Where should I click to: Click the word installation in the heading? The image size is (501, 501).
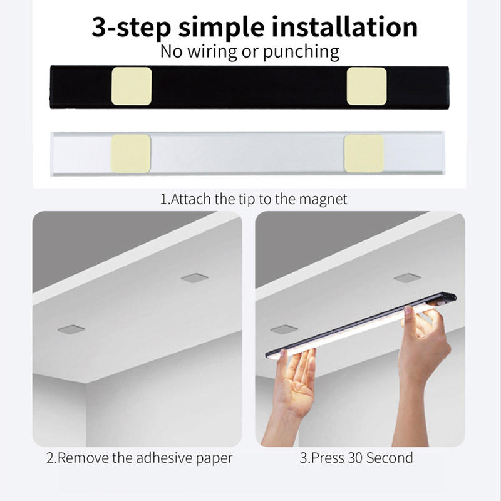click(344, 27)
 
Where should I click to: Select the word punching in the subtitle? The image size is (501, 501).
click(301, 52)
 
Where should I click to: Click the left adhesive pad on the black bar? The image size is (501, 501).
click(132, 86)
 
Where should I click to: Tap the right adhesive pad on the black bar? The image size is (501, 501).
click(366, 86)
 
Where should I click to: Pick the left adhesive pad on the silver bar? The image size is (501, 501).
click(131, 153)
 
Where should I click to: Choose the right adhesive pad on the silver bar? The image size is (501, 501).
click(364, 153)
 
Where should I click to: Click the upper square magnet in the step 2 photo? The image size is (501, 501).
click(195, 278)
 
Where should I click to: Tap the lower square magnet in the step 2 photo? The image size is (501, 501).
click(71, 329)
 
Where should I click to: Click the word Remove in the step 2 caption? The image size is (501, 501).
click(84, 458)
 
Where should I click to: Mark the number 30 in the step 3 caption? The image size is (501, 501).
click(354, 458)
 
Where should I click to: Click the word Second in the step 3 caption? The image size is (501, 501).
click(390, 458)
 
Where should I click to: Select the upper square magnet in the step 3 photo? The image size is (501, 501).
click(407, 278)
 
